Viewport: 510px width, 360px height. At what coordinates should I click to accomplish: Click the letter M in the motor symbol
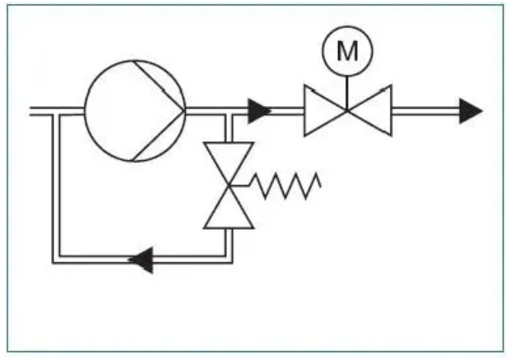tap(347, 52)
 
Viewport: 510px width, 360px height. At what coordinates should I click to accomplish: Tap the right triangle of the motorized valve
tap(373, 109)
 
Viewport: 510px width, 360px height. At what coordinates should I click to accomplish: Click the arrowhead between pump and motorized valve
tap(259, 109)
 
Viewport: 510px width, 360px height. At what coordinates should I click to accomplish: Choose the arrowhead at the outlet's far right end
tap(471, 109)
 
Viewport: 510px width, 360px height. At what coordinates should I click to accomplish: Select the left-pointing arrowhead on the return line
tap(141, 261)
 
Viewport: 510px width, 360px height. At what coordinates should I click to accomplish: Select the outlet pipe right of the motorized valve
tap(424, 109)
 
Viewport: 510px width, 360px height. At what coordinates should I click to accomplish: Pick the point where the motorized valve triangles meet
tap(347, 109)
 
